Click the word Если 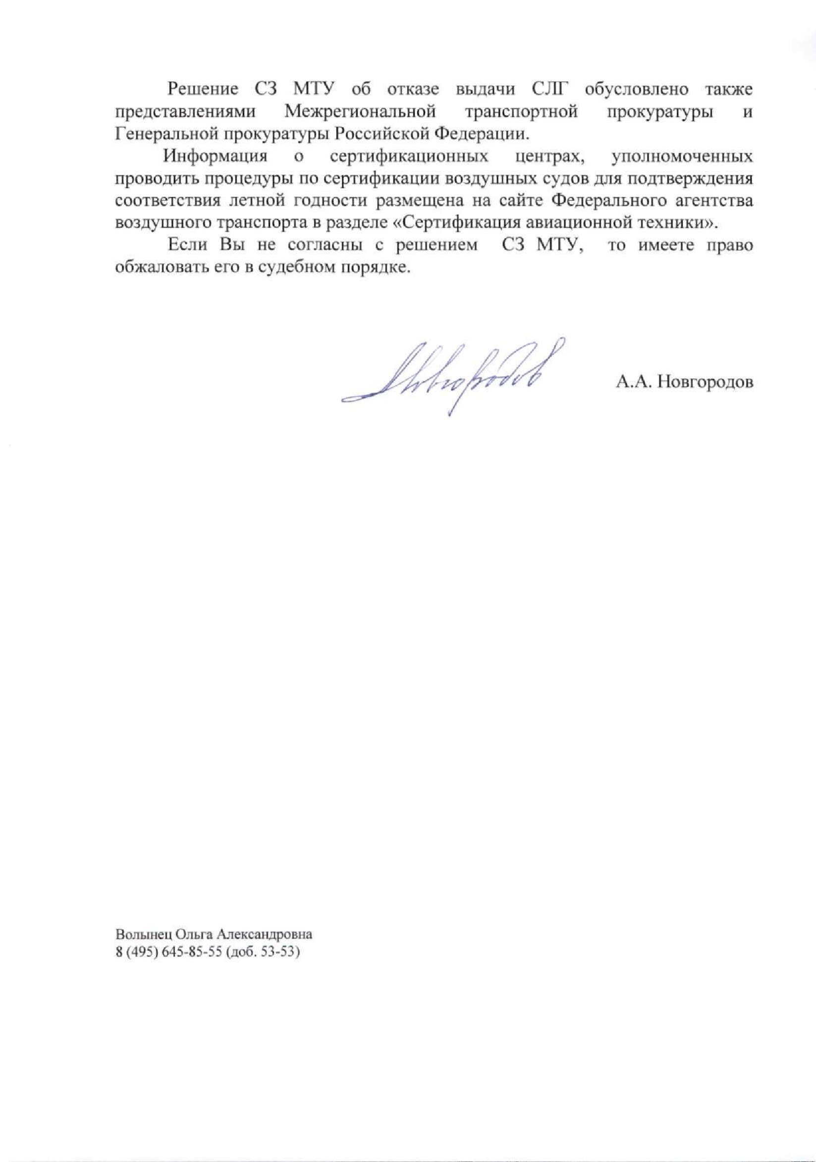pos(188,246)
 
